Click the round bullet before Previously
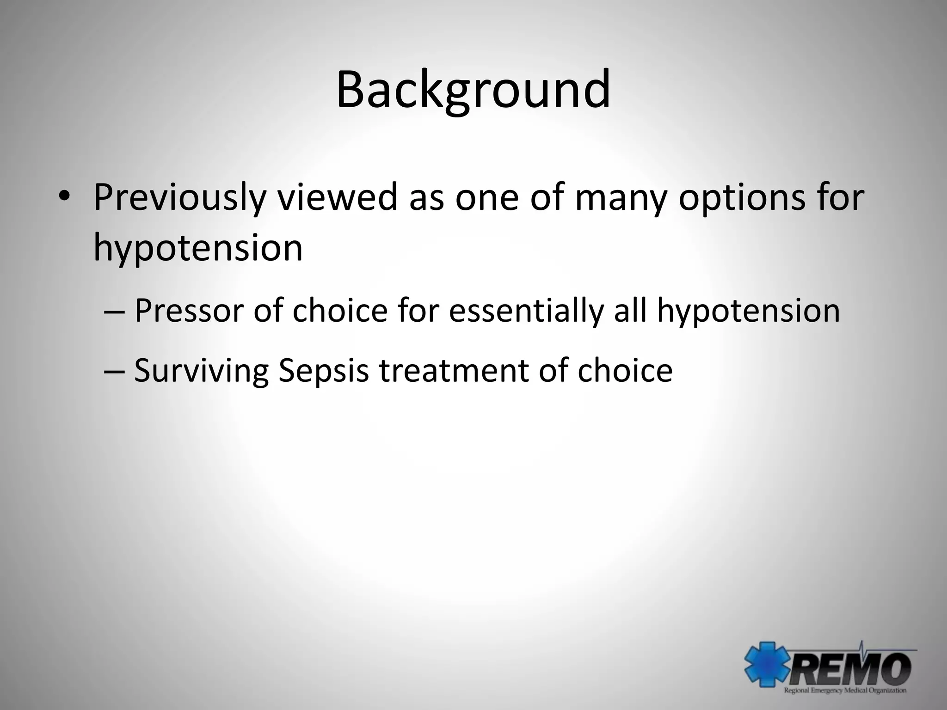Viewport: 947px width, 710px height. pyautogui.click(x=64, y=198)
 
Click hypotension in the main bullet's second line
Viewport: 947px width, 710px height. pyautogui.click(x=198, y=248)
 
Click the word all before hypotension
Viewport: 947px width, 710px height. pyautogui.click(x=630, y=311)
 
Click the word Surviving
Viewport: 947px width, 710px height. pyautogui.click(x=201, y=371)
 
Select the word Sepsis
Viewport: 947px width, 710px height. pyautogui.click(x=324, y=371)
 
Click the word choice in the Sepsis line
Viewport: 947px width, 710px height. pyautogui.click(x=624, y=371)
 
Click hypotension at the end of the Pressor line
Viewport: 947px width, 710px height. pyautogui.click(x=748, y=311)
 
